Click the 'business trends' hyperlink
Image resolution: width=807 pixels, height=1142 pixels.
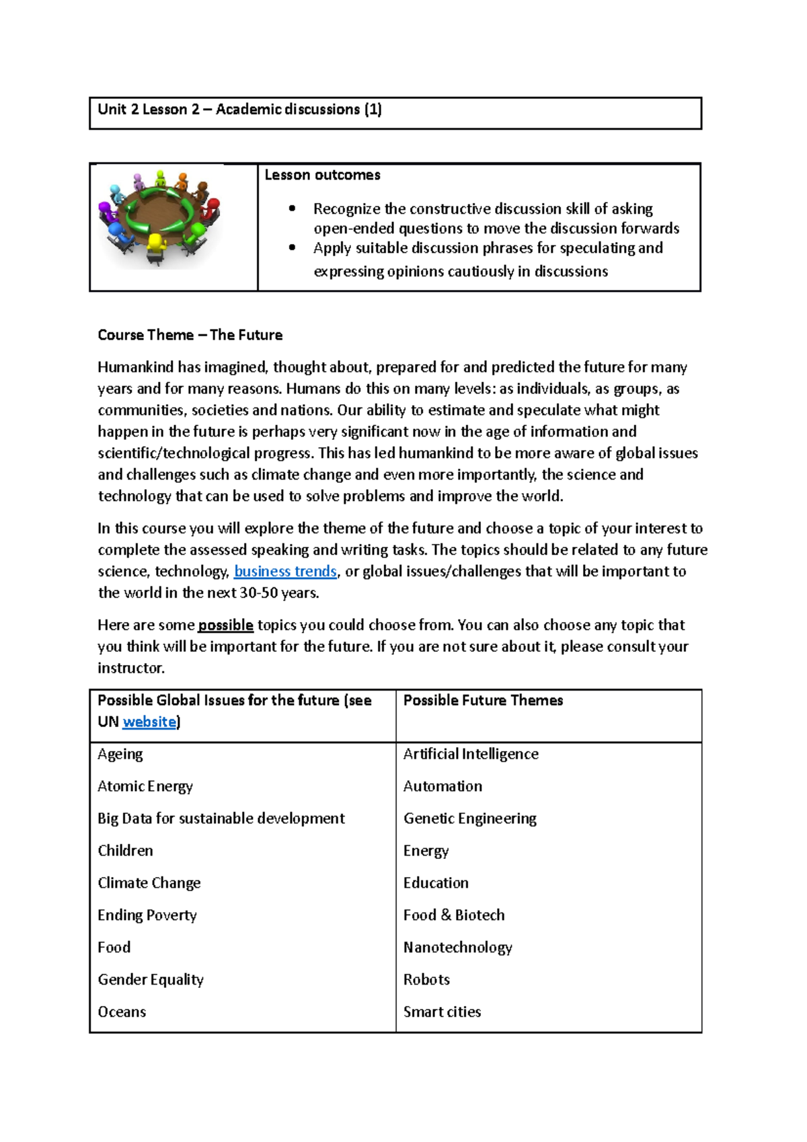(285, 572)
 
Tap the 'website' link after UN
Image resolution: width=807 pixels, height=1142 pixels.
(149, 722)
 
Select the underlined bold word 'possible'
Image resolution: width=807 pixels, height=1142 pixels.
(225, 625)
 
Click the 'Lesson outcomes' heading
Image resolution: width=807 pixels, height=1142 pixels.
(322, 176)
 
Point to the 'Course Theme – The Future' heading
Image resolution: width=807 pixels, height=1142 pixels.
(190, 335)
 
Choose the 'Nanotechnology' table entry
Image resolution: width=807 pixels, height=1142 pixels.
(457, 948)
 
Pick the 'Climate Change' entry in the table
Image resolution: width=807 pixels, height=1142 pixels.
(149, 883)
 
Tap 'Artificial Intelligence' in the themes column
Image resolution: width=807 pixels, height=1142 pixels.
(471, 754)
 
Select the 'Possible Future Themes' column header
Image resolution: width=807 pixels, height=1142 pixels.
(483, 700)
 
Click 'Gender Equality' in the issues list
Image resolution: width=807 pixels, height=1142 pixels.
(151, 980)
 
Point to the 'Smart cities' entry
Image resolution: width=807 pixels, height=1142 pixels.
(442, 1012)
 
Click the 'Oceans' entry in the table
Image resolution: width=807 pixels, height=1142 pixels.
(122, 1012)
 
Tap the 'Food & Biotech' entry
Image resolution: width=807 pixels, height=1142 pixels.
(454, 915)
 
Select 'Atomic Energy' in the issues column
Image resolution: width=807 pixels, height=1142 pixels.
(145, 786)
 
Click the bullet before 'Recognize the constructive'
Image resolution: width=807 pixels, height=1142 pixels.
(292, 209)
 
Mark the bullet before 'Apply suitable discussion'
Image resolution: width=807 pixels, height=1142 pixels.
(292, 248)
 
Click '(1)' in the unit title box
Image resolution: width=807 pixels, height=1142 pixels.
(373, 110)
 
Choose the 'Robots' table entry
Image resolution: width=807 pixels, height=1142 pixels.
(426, 980)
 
